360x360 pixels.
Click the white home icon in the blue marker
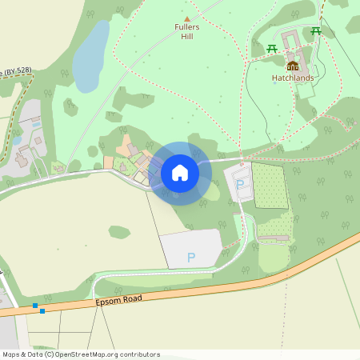click(180, 173)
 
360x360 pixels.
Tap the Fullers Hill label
click(186, 32)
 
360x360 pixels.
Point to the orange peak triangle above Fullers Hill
click(187, 18)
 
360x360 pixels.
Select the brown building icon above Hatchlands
click(292, 66)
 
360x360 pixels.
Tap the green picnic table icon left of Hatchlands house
click(272, 49)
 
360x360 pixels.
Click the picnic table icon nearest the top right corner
click(316, 31)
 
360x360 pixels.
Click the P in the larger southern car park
click(190, 257)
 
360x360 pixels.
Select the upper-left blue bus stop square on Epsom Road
click(35, 306)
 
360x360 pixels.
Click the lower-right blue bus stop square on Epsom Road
click(42, 310)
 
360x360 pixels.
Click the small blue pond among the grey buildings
click(18, 139)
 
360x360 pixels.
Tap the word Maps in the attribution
click(12, 354)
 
